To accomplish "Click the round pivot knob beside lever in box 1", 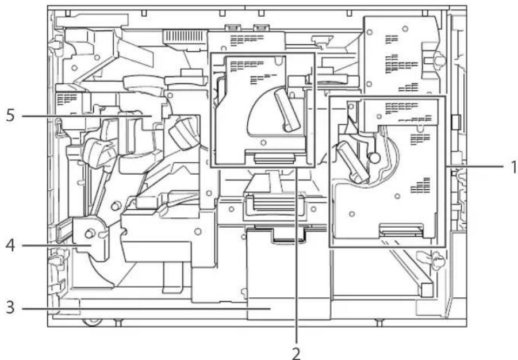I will [x=374, y=156].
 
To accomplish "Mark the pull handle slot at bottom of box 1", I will [x=401, y=232].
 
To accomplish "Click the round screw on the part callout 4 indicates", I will [x=90, y=234].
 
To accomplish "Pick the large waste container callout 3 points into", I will [x=286, y=276].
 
